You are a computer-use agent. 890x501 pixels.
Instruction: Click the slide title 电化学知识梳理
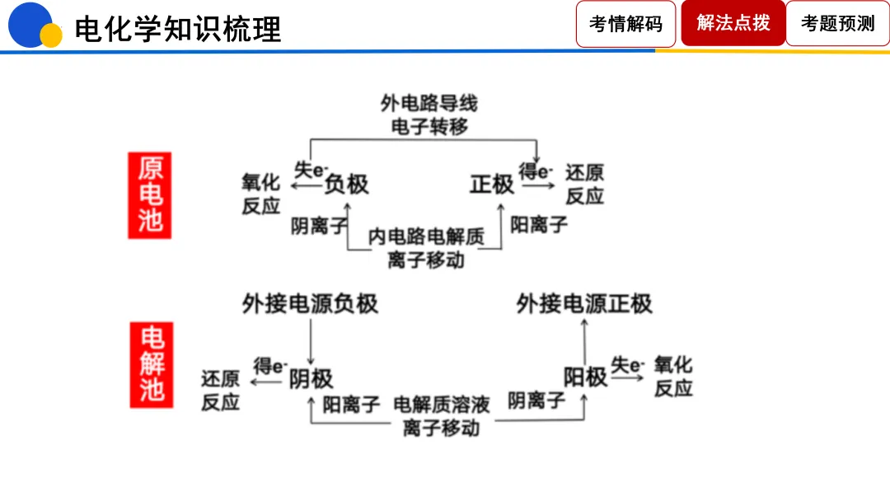point(177,29)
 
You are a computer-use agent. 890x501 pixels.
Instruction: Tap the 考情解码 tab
point(625,24)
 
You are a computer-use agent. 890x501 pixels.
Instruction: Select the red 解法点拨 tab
point(733,23)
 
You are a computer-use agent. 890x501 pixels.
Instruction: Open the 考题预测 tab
point(837,24)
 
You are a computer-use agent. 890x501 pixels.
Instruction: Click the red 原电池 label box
point(149,195)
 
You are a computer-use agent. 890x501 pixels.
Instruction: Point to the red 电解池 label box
point(151,363)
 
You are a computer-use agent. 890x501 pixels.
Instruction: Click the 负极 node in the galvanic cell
point(346,184)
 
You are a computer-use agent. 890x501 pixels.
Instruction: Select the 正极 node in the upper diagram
point(492,184)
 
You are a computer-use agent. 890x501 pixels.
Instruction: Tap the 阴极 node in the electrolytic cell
point(311,377)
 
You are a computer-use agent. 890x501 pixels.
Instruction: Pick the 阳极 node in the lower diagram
point(585,377)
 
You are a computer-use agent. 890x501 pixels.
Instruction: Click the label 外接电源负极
point(310,303)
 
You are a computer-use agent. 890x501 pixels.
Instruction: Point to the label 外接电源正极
point(584,303)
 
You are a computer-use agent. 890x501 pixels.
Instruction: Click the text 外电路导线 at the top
point(429,104)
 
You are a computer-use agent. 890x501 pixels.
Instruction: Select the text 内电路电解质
point(426,237)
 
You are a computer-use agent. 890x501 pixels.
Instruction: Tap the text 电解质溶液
point(442,404)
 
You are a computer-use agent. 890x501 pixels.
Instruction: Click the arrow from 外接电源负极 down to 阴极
point(311,341)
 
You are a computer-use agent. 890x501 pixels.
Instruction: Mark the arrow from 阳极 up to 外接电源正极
point(584,341)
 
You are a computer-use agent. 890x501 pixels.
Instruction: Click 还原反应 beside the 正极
point(584,185)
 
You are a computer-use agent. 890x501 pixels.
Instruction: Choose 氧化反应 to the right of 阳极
point(673,377)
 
